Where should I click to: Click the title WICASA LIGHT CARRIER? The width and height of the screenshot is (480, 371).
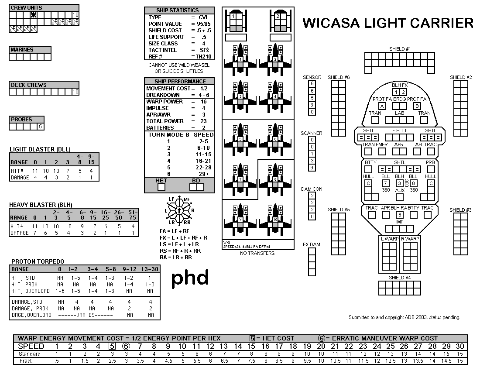388,23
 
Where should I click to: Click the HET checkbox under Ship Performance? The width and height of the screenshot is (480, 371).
161,187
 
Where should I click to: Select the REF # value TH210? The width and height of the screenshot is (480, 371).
203,56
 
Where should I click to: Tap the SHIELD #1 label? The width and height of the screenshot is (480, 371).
400,49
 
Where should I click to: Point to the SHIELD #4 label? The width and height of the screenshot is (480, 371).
400,278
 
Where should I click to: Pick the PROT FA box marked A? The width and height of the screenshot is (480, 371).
382,106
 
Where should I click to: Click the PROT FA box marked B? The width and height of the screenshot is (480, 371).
417,106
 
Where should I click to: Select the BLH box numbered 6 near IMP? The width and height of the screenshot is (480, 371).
399,214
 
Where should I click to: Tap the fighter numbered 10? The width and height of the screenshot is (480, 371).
275,218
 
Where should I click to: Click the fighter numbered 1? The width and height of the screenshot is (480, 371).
240,59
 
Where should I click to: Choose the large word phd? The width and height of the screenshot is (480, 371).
190,278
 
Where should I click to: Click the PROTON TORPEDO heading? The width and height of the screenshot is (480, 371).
38,261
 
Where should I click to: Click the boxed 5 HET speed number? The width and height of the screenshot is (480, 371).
112,346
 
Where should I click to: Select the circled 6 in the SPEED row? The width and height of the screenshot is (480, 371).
126,346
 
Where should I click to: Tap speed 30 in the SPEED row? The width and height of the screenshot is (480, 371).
459,346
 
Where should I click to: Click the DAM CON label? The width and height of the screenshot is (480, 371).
312,189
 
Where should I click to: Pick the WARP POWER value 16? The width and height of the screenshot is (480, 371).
203,102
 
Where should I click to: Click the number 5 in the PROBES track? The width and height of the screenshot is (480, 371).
40,127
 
